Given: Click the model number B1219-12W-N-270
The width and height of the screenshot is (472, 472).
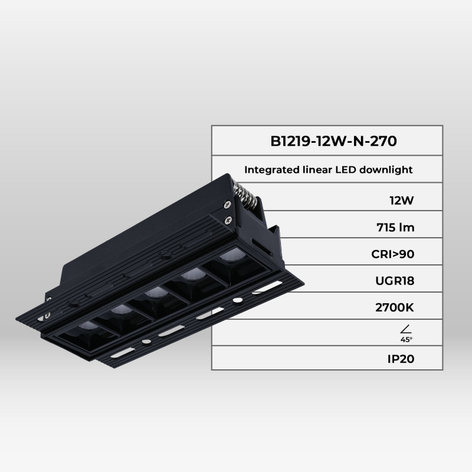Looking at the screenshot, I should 329,142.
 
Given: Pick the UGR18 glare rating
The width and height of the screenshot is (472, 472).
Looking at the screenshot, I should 394,281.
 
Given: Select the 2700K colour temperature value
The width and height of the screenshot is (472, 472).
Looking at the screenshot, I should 394,307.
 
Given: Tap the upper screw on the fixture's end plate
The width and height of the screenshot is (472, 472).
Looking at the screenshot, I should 226,204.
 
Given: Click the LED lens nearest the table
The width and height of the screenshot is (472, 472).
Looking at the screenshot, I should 228,257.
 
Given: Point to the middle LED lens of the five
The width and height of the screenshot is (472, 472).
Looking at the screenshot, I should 155,292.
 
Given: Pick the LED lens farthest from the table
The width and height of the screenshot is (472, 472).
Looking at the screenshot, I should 86,326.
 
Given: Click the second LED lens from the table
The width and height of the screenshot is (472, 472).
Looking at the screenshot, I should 190,274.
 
